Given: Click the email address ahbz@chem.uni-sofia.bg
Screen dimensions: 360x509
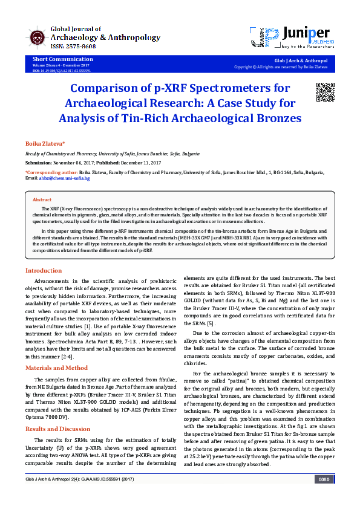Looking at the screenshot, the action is point(66,179).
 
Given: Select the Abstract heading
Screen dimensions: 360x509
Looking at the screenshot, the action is point(42,199).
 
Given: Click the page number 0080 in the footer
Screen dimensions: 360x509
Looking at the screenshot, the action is point(324,496).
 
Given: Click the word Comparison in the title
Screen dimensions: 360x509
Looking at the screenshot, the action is point(116,88).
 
